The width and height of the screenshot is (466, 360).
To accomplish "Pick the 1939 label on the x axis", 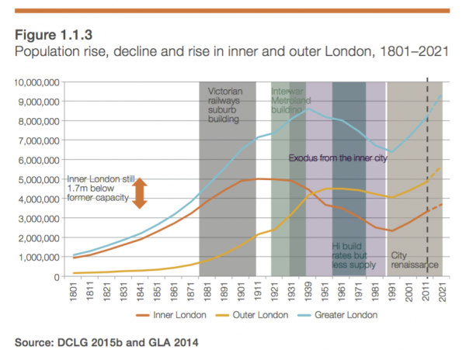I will pyautogui.click(x=309, y=293).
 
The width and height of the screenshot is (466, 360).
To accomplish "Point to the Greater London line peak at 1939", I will pyautogui.click(x=309, y=108).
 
